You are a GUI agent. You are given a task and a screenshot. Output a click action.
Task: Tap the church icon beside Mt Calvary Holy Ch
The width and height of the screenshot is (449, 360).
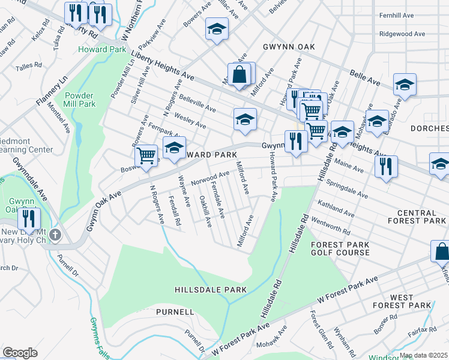coord(55,235)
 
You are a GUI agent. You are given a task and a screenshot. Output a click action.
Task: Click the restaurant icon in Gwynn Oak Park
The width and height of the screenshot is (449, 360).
coord(29,217)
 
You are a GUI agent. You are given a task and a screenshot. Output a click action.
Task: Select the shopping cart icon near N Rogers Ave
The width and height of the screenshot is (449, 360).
coord(146,155)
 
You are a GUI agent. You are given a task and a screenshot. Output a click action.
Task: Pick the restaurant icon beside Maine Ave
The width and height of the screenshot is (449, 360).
coord(386,165)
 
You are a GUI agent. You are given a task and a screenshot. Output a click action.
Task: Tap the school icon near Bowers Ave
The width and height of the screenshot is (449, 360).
coord(217,28)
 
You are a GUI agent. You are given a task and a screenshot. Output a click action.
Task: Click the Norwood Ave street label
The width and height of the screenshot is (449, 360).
coord(210,178)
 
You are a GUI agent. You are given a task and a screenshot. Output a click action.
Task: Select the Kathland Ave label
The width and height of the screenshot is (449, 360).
coord(336,209)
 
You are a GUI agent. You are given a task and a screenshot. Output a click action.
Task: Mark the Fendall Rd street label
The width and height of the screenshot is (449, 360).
coord(175,210)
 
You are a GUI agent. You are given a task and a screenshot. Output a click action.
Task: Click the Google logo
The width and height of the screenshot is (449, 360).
coord(20,353)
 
